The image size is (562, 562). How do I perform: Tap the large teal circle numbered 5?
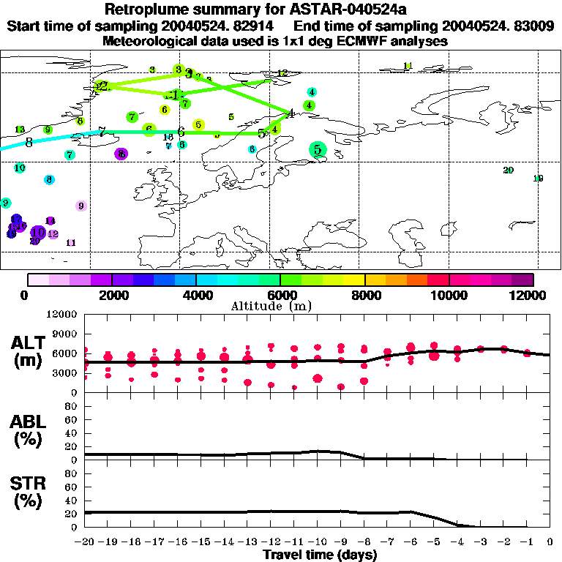(x=317, y=150)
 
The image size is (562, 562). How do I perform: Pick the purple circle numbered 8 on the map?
(x=121, y=154)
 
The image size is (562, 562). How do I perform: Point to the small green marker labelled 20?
(x=509, y=171)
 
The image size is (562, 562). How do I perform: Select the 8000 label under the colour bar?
(x=364, y=295)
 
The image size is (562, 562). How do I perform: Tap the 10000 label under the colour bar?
(x=449, y=295)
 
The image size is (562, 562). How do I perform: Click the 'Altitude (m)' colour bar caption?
(x=262, y=306)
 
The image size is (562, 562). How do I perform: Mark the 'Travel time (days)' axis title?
(x=320, y=555)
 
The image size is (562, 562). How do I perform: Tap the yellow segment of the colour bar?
(x=354, y=280)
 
